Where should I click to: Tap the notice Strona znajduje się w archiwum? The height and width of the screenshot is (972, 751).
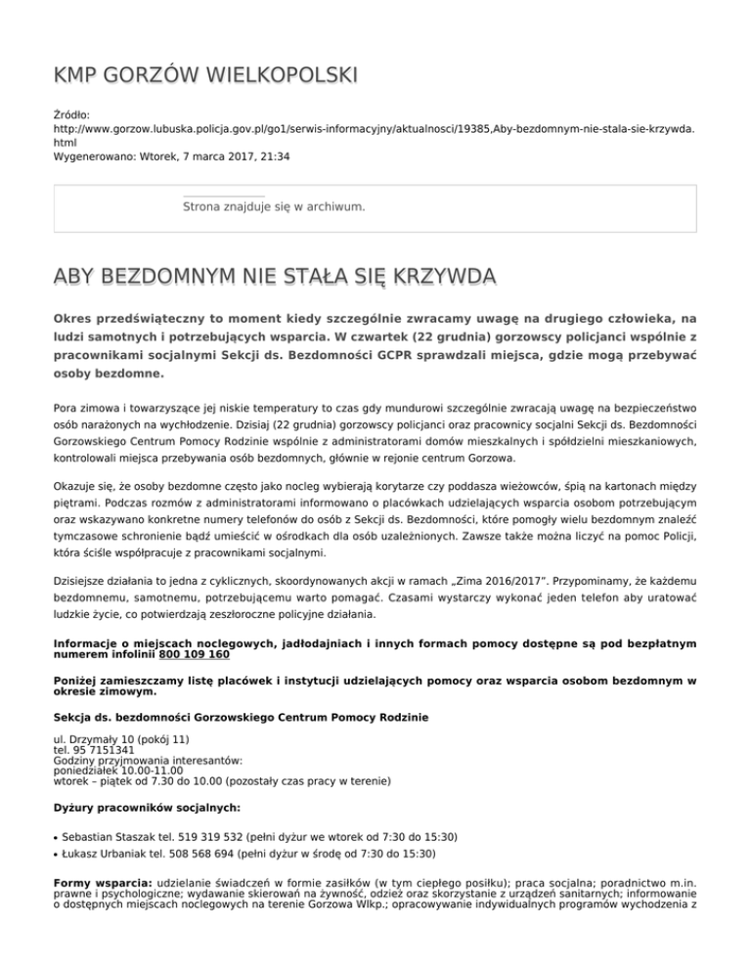click(274, 207)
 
